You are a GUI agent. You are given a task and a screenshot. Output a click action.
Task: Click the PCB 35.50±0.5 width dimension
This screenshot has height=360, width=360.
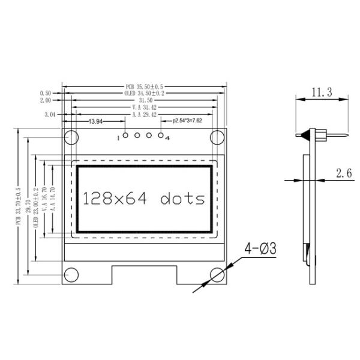tap(144, 86)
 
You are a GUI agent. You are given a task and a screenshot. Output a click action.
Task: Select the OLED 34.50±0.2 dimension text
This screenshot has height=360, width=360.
tap(144, 94)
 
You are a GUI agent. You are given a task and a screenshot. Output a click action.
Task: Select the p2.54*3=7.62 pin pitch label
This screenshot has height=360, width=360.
tap(187, 121)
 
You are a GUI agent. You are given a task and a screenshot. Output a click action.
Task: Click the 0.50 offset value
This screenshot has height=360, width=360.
tap(45, 94)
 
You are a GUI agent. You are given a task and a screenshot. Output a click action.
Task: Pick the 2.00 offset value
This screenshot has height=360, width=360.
tap(45, 101)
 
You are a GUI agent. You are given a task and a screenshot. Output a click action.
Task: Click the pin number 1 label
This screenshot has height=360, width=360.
tap(119, 138)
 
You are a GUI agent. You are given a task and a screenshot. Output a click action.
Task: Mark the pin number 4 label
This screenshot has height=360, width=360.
tap(167, 138)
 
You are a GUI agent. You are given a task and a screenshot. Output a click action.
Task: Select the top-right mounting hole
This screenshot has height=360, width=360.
tap(217, 137)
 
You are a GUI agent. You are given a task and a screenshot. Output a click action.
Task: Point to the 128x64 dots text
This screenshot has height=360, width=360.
tap(144, 199)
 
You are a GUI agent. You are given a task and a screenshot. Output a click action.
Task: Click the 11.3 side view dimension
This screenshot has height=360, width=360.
tap(322, 93)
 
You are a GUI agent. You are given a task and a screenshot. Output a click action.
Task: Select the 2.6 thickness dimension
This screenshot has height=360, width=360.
tap(344, 174)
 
